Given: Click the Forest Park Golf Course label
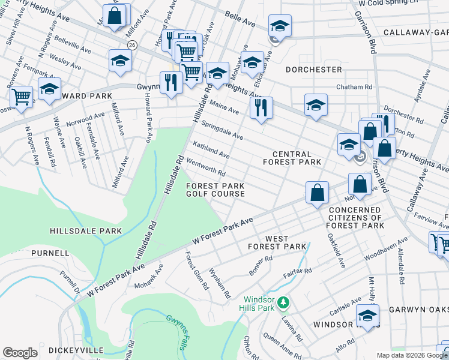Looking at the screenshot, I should click(x=215, y=190).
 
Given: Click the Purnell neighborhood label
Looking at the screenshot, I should click(x=50, y=253).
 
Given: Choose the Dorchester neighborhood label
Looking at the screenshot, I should click(x=313, y=70).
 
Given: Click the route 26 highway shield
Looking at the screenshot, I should click(x=132, y=45).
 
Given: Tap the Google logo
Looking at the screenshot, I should click(x=20, y=353).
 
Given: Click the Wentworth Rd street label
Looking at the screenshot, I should click(x=206, y=167).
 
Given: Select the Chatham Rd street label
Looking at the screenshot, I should click(x=354, y=87).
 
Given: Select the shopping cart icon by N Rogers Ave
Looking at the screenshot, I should click(x=22, y=95).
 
